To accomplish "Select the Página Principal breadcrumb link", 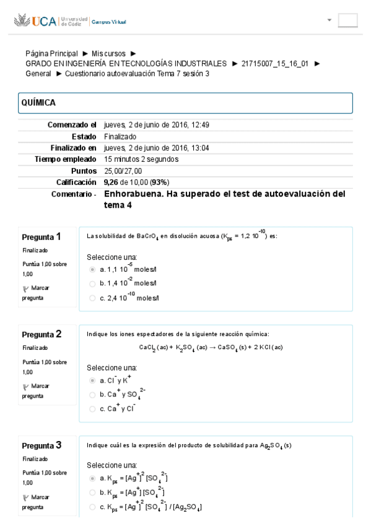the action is tap(51, 54).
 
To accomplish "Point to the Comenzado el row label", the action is tap(72, 125).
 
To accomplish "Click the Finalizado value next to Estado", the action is tap(120, 136).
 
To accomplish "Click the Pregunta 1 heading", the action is tap(41, 236).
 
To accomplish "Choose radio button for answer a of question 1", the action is tap(93, 269).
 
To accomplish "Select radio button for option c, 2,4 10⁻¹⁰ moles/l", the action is tap(93, 298).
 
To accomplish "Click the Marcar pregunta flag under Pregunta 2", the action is tap(37, 390).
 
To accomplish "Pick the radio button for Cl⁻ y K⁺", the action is tap(93, 380).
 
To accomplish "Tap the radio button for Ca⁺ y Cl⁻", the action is tap(93, 408).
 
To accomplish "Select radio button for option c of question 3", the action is tap(93, 507).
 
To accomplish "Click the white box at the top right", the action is tap(347, 20).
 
